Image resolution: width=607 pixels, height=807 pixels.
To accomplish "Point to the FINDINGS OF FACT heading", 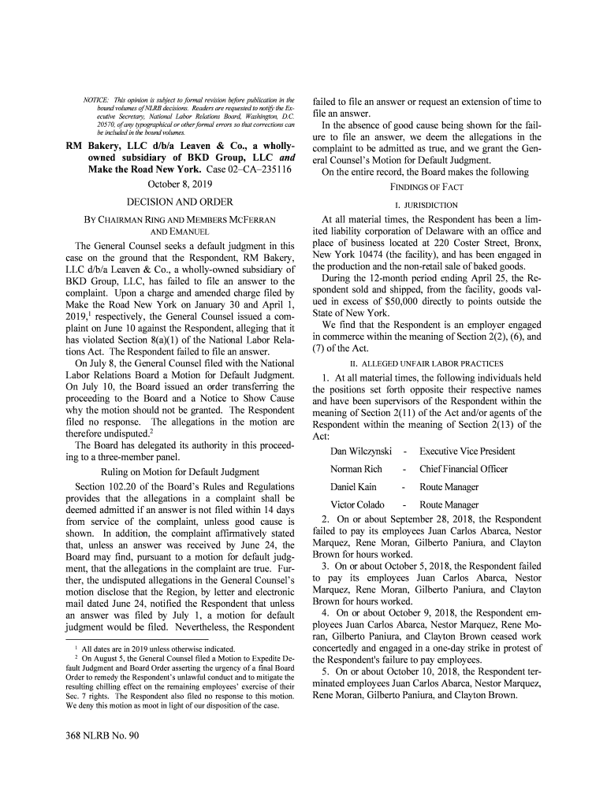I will (426, 188).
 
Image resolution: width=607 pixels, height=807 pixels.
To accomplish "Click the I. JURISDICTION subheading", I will (426, 206).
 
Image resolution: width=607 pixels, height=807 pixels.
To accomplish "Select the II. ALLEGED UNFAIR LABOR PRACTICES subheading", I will (426, 363).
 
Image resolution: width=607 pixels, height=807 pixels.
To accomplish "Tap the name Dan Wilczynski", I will (361, 452).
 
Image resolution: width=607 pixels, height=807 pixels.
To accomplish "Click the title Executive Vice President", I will (467, 452).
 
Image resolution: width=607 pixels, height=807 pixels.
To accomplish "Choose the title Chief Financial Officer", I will (464, 470).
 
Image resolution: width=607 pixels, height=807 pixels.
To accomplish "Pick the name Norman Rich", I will (356, 470).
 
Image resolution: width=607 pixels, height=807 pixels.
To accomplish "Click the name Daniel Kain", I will (353, 487).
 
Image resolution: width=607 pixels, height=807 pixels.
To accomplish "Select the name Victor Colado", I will (357, 505).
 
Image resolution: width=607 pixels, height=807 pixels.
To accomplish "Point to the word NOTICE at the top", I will (95, 99).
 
